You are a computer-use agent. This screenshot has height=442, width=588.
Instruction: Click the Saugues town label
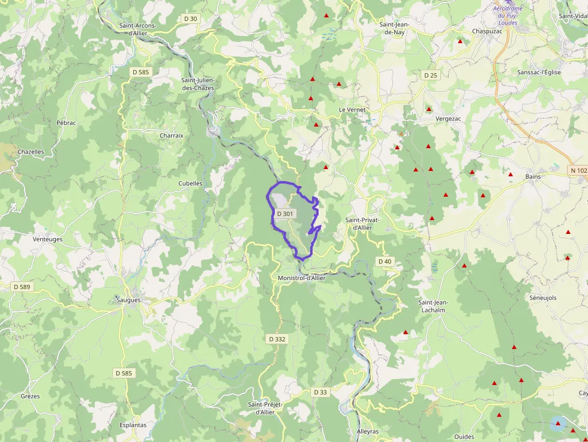128,299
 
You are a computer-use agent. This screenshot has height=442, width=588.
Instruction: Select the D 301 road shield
285,214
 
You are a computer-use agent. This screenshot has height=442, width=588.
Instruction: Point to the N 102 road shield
578,170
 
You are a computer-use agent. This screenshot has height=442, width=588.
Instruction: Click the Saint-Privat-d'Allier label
362,224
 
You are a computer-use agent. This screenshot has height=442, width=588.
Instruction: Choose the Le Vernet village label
352,110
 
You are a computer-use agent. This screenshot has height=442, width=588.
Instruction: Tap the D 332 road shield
277,339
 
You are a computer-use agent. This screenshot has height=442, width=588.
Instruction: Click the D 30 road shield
190,19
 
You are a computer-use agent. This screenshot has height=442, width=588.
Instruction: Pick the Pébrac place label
66,122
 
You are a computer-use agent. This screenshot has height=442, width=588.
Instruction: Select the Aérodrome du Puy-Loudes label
508,16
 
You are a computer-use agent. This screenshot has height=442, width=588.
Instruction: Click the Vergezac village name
448,119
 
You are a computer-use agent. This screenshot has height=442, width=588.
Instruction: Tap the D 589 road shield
22,287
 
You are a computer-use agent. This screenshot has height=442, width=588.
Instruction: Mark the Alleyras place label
368,431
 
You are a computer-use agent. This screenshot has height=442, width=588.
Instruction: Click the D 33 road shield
320,392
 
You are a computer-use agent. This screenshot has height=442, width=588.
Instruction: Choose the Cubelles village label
190,184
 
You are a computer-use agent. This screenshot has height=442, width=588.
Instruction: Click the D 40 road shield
385,261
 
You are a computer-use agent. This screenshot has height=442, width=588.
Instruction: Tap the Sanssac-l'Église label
539,72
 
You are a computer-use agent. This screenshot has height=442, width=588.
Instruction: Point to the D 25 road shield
430,75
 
